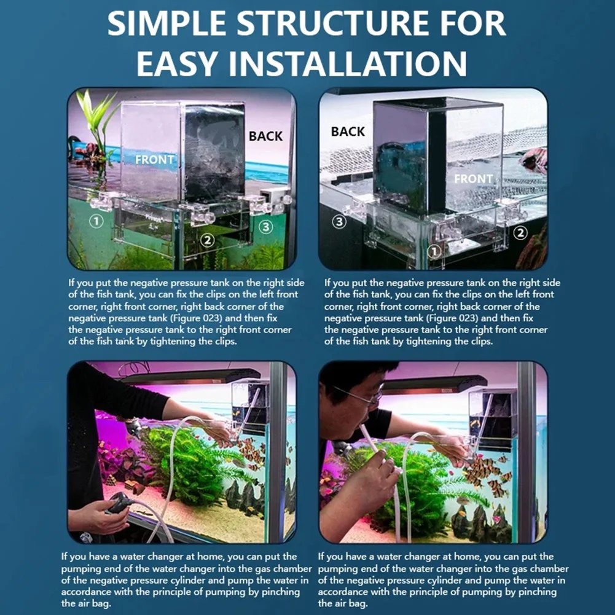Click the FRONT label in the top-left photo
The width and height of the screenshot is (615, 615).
click(x=154, y=159)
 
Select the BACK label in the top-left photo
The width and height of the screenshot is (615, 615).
click(x=265, y=136)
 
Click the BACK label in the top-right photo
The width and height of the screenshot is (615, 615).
click(x=348, y=131)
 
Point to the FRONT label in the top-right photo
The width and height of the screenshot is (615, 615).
click(x=473, y=179)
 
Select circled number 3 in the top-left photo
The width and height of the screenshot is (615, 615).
click(x=265, y=227)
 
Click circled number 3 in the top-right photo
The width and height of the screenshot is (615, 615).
click(x=339, y=222)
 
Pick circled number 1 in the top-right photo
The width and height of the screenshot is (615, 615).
click(x=434, y=251)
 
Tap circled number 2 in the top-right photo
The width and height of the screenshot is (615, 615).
click(x=520, y=232)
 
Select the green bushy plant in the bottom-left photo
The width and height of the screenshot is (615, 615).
click(x=184, y=467)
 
